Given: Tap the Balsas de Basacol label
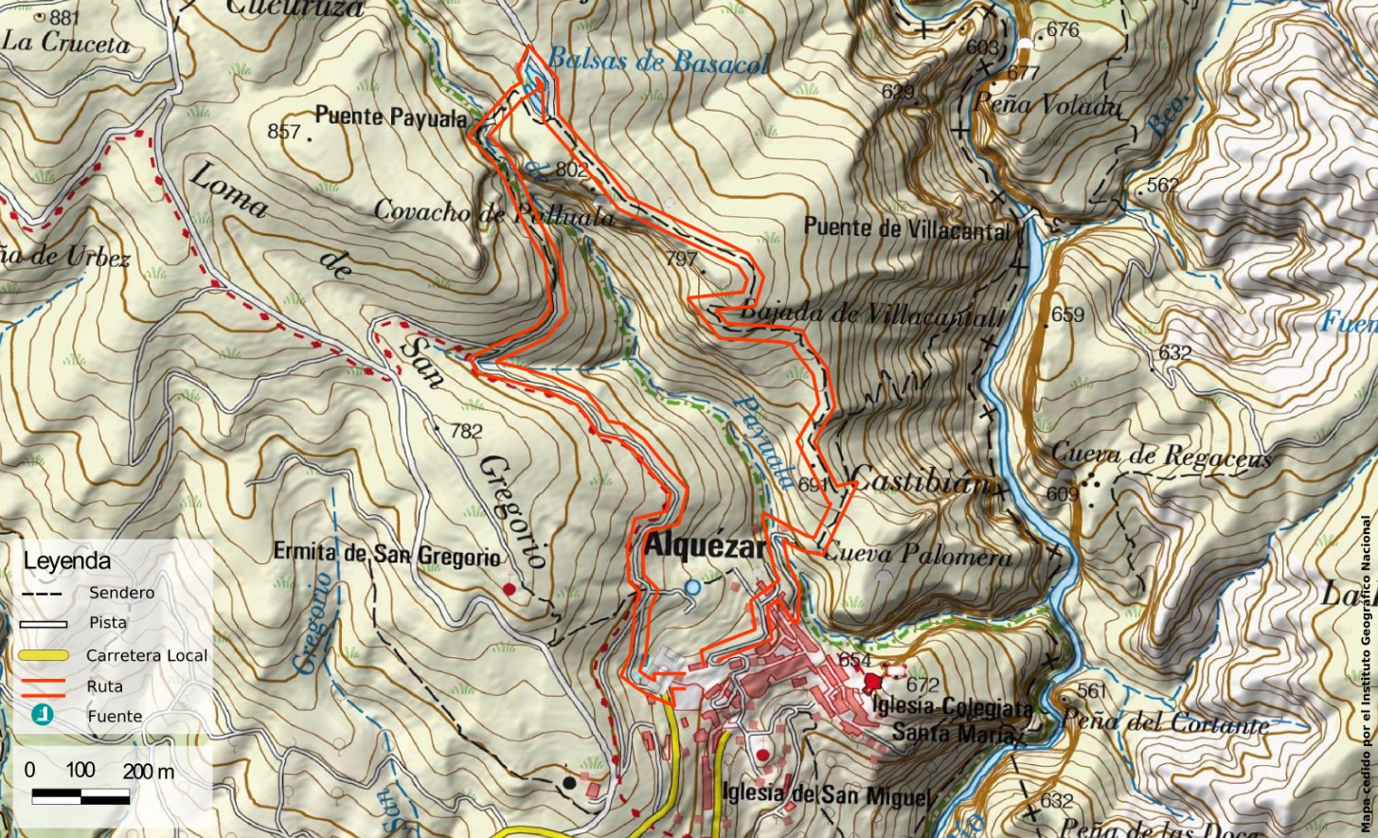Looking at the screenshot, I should pos(658,62).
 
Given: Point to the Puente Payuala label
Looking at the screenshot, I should pos(390,116).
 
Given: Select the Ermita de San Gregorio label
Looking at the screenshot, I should pos(386,553).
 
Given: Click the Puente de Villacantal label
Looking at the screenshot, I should pos(906,227).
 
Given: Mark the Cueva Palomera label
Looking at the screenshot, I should pos(918,555).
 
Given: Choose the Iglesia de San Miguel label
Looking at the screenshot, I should pos(825,794).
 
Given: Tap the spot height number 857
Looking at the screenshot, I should pos(283,132).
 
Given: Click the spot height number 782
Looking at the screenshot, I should pos(466,431).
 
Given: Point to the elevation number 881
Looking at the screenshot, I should pos(64,18).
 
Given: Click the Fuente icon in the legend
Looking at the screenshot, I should pos(42,716).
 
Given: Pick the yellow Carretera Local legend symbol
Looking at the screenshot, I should pos(42,655).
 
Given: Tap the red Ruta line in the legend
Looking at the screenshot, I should pos(42,686).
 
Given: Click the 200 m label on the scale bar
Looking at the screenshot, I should pos(149,772).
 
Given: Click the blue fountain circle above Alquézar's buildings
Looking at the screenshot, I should pos(692,588).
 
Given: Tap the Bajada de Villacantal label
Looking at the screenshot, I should pos(868,313).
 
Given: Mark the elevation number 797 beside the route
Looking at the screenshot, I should pos(681,259).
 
